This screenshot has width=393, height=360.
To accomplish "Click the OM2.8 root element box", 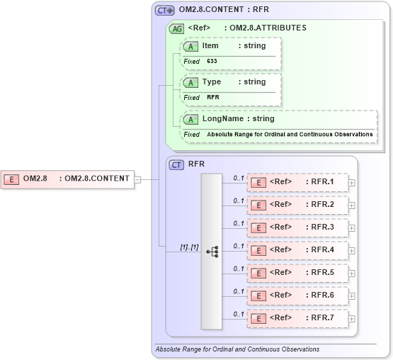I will coord(68,179).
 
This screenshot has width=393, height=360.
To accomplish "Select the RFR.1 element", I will coord(297,182).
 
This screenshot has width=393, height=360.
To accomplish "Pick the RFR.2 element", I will coord(297,205).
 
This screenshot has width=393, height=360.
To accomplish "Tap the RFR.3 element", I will coord(297,227).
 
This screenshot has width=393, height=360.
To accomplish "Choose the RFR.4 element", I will coord(297,250).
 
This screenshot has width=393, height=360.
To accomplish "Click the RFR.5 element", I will coord(297,273).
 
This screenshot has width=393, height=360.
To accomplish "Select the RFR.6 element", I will coord(297,296).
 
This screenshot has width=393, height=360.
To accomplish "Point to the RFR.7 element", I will coord(297,318).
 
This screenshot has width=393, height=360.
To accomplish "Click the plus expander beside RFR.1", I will coord(352,183).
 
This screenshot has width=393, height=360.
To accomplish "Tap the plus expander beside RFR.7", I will coord(352,319).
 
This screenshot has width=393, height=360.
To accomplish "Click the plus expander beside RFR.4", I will coord(352,251).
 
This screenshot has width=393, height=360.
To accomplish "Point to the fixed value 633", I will coord(212,62).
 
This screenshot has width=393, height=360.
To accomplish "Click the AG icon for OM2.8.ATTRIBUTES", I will coord(178,28).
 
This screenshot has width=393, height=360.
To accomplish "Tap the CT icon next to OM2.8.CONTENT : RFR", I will coord(165,11).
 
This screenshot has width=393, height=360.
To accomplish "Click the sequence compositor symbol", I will coord(212,251).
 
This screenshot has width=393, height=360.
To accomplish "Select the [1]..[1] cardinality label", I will coord(189,247).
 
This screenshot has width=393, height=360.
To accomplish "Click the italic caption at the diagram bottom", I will coord(237,349).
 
